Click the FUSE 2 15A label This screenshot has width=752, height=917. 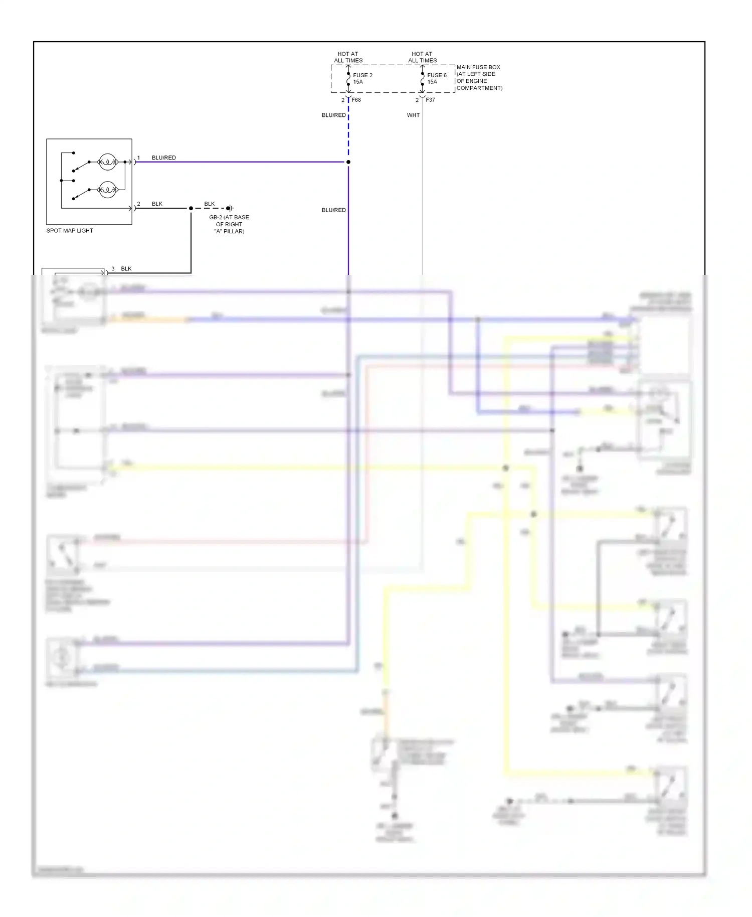pos(362,78)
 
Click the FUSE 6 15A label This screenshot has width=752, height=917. pos(436,78)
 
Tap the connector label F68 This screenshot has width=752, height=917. pos(356,100)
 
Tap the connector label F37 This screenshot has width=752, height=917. pos(430,100)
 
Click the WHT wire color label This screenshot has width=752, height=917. pos(413,115)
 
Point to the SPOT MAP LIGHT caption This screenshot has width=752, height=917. pos(70,231)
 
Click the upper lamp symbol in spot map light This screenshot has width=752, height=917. pos(107,162)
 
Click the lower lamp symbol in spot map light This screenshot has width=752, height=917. pos(107,190)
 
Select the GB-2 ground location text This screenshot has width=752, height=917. pos(229,224)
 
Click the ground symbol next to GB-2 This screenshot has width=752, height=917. pos(230,208)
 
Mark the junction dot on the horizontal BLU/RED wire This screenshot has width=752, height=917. pos(348,162)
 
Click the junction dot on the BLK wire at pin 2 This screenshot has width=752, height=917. pos(191,208)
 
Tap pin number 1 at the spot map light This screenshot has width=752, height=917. pos(139,158)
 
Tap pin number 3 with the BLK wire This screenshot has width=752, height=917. pos(113,269)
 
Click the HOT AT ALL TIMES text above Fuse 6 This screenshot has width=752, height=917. pos(422,57)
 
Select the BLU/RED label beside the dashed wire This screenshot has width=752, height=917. pos(333,115)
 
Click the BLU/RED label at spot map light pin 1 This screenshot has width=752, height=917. pos(164,158)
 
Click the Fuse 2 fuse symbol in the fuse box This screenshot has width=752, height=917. pos(348,79)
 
